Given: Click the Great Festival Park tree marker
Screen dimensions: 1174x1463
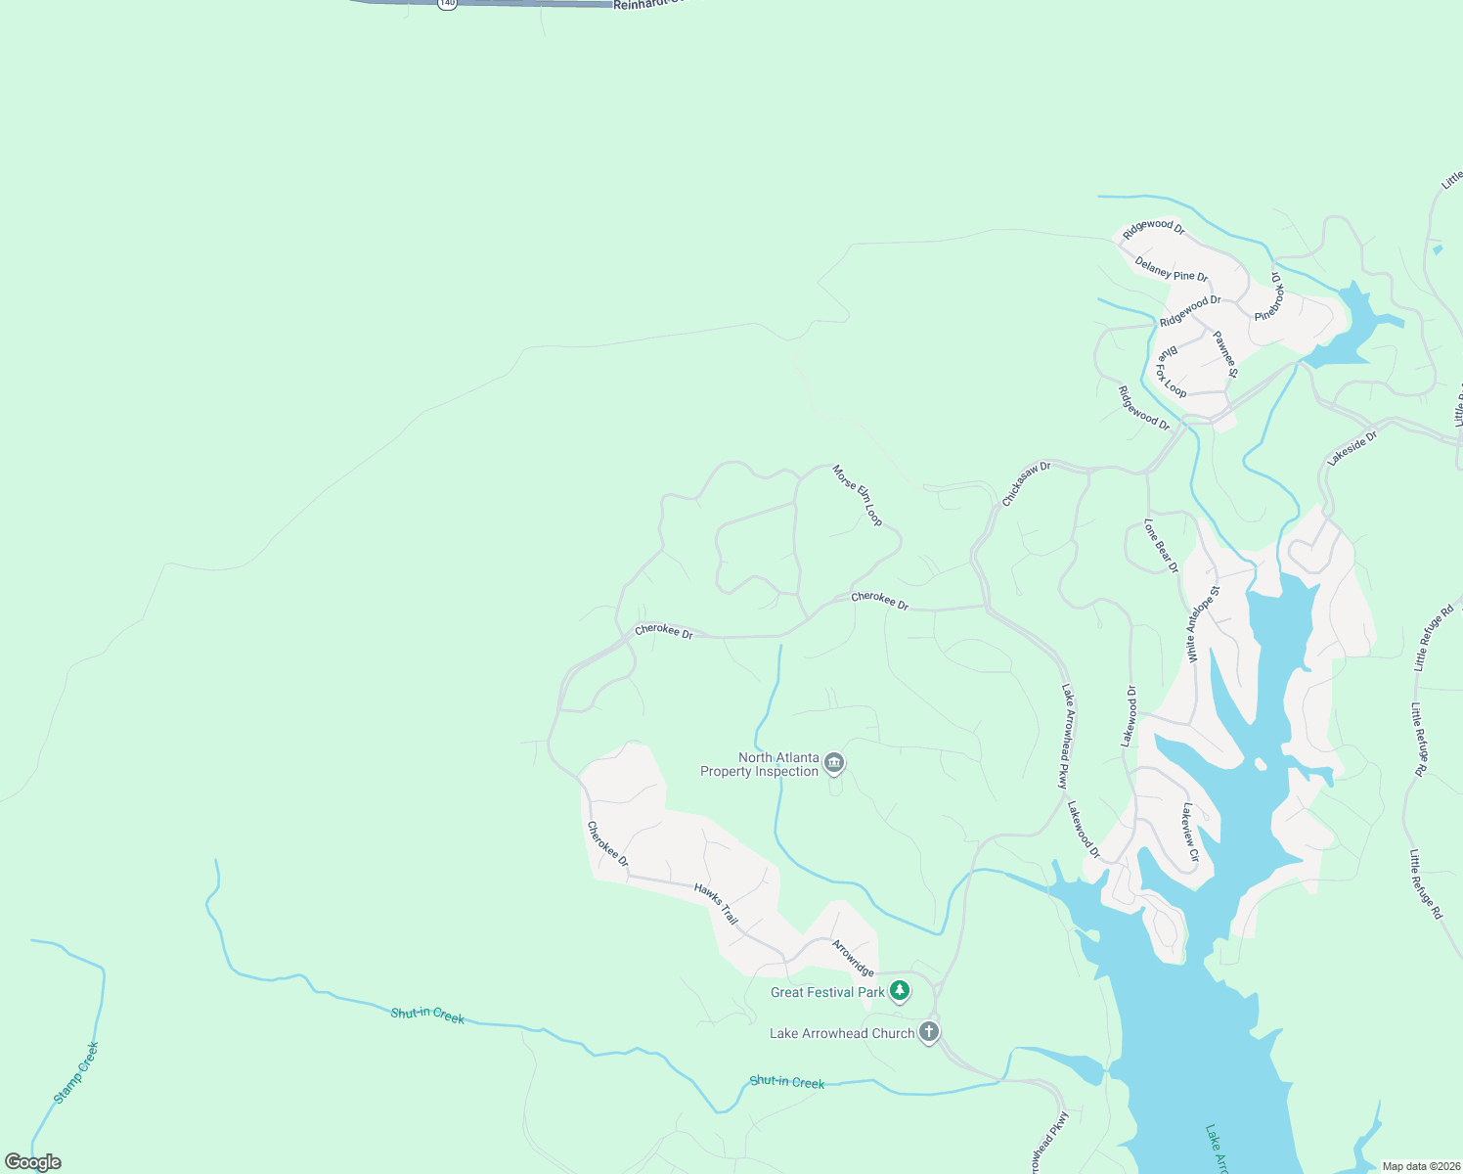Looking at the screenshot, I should [900, 991].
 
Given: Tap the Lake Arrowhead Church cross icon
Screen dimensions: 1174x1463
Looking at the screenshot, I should [929, 1032].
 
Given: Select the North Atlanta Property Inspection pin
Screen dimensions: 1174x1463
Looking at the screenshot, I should [834, 763].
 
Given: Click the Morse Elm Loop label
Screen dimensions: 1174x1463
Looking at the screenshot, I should [858, 495].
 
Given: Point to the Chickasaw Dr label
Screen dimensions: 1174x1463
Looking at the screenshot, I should [1026, 483].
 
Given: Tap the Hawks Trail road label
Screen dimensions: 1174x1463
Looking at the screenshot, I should [716, 904].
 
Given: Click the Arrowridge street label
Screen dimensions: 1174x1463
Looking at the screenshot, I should [853, 958].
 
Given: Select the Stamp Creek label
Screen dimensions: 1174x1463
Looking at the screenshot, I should [76, 1072].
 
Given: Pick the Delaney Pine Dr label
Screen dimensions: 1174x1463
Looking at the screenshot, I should [1172, 268].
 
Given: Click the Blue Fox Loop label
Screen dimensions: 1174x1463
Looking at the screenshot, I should [1172, 371].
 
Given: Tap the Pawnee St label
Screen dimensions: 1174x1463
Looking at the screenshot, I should [1225, 354].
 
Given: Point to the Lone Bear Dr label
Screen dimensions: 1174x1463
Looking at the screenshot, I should [1162, 546].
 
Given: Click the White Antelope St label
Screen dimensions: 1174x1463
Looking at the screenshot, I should [1203, 624].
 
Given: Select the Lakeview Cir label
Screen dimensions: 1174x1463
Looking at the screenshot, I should [1190, 832].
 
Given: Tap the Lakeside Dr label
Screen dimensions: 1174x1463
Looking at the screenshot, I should [1352, 447].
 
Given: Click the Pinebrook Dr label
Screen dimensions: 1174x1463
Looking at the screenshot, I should [1269, 295].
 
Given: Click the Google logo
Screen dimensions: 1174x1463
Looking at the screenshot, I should [32, 1162].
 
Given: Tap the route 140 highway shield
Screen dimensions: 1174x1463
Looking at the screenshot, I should [447, 4].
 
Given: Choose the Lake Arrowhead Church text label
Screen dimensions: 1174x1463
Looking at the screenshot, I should [842, 1033].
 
